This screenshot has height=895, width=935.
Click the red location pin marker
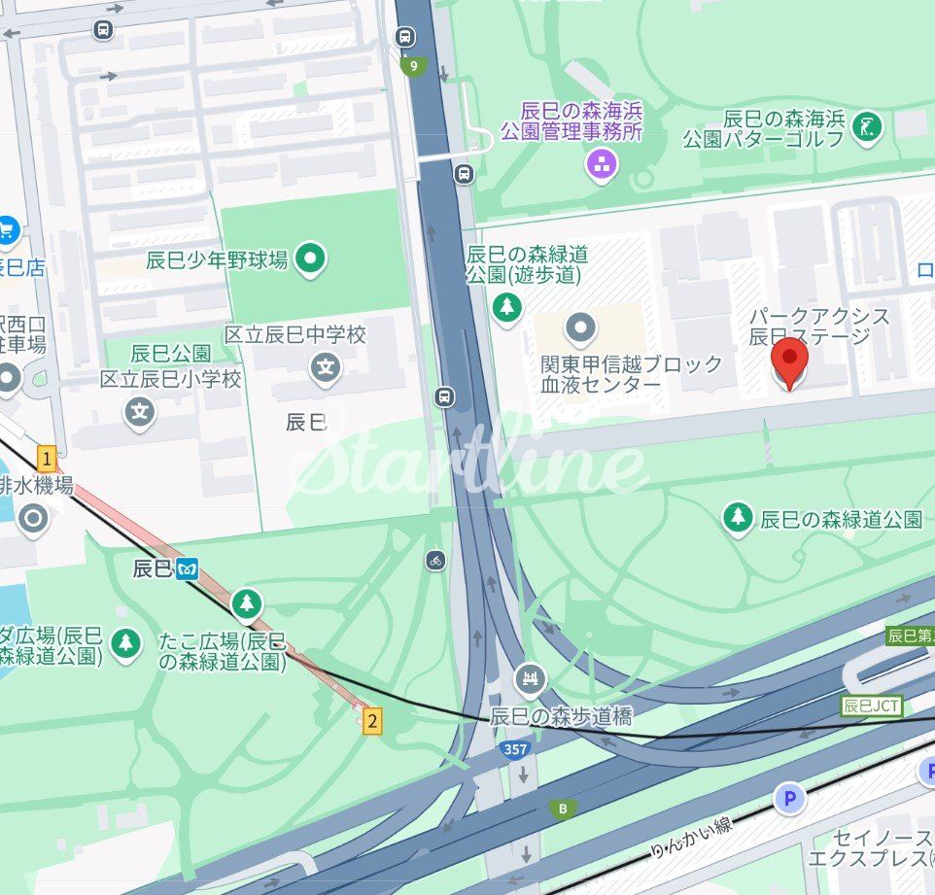pyautogui.click(x=789, y=361)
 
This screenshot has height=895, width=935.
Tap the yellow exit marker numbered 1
pyautogui.click(x=46, y=458)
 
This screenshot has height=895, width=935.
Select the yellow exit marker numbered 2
pyautogui.click(x=371, y=721)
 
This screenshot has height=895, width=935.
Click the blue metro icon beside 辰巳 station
pyautogui.click(x=187, y=569)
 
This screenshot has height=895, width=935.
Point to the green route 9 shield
pyautogui.click(x=414, y=67)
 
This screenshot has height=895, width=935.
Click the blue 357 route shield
pyautogui.click(x=515, y=749)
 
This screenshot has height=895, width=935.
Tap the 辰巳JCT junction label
pyautogui.click(x=870, y=706)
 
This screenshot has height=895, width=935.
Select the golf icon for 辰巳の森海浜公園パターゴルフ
pyautogui.click(x=867, y=126)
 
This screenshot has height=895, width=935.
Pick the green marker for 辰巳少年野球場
pyautogui.click(x=311, y=259)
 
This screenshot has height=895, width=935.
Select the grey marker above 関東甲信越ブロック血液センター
pyautogui.click(x=580, y=328)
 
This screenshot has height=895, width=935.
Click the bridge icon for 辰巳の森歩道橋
pyautogui.click(x=530, y=679)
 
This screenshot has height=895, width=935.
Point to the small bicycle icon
pyautogui.click(x=435, y=560)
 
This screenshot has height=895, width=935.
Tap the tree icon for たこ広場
pyautogui.click(x=247, y=603)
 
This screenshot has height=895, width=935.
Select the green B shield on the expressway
pyautogui.click(x=560, y=809)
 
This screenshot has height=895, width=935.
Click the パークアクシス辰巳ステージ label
pyautogui.click(x=818, y=327)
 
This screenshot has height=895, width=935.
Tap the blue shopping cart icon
pyautogui.click(x=8, y=230)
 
